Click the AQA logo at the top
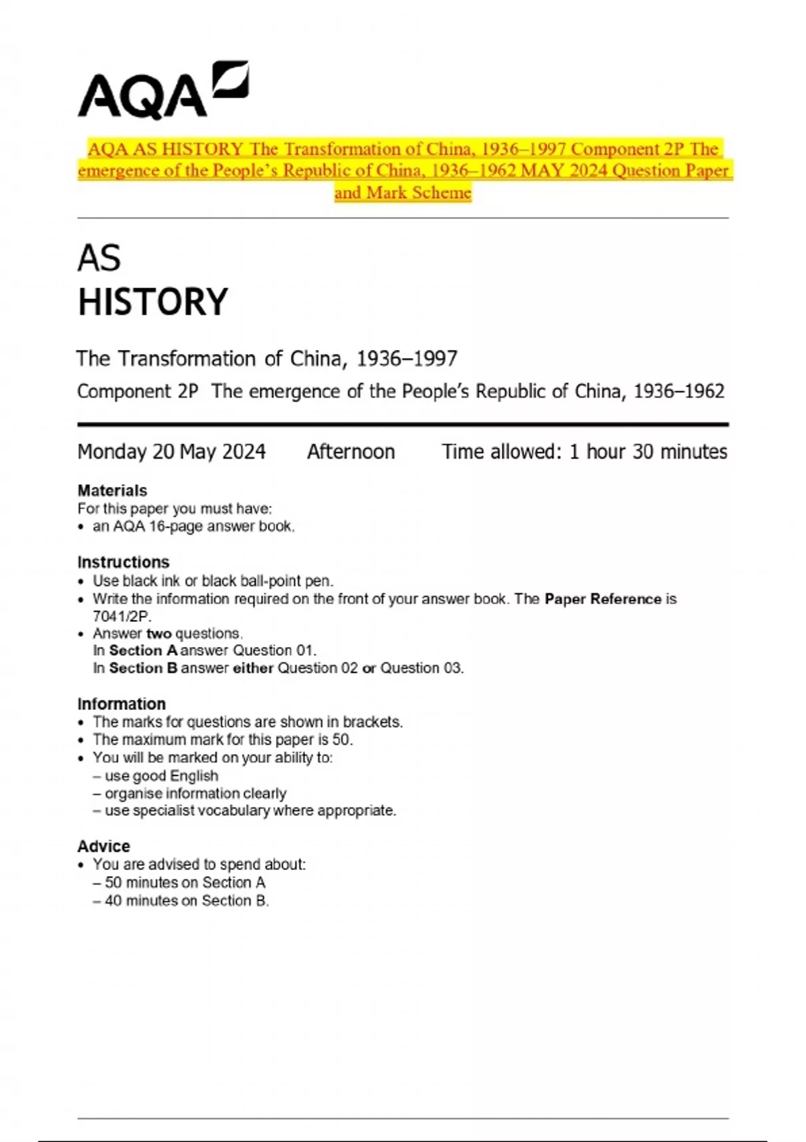(163, 91)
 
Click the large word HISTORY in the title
(153, 302)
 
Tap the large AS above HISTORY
(99, 259)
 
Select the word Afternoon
(351, 451)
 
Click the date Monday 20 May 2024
(171, 451)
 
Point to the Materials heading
(112, 490)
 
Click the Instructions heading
(124, 562)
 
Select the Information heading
(122, 704)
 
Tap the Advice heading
(104, 846)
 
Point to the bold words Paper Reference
(602, 599)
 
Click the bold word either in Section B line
(253, 668)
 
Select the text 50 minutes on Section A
(185, 883)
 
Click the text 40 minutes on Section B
(186, 901)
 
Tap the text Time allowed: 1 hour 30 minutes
(584, 451)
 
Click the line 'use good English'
(161, 776)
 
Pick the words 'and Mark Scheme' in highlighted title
(403, 193)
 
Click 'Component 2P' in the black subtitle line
(138, 392)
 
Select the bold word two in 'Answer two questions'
(159, 633)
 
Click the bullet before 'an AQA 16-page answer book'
(81, 527)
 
